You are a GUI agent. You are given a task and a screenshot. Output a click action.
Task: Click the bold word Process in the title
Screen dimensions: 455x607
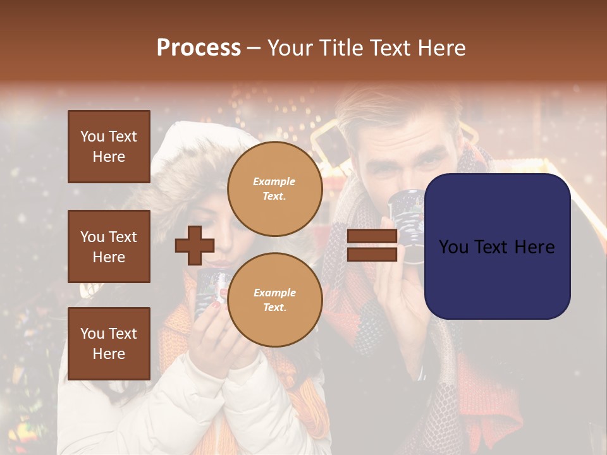(199, 48)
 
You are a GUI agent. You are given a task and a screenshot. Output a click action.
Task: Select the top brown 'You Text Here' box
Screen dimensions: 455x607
(109, 147)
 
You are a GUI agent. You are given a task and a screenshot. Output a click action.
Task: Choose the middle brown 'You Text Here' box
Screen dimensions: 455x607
(109, 246)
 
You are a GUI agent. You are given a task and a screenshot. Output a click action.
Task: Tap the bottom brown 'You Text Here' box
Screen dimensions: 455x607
(109, 343)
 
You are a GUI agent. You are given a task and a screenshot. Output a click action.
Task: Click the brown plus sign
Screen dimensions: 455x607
(195, 245)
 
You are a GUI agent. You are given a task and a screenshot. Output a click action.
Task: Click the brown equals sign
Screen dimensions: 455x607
(372, 245)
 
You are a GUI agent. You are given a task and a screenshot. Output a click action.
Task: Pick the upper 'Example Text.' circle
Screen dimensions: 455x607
(274, 188)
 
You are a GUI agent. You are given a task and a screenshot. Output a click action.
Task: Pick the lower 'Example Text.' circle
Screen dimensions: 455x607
(274, 300)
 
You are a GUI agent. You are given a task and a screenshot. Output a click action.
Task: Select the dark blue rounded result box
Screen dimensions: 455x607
(497, 246)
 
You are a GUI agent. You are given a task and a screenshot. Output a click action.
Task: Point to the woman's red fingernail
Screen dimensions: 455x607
(216, 305)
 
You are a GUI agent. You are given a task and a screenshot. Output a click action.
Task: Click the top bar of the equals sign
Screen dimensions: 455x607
(372, 236)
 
